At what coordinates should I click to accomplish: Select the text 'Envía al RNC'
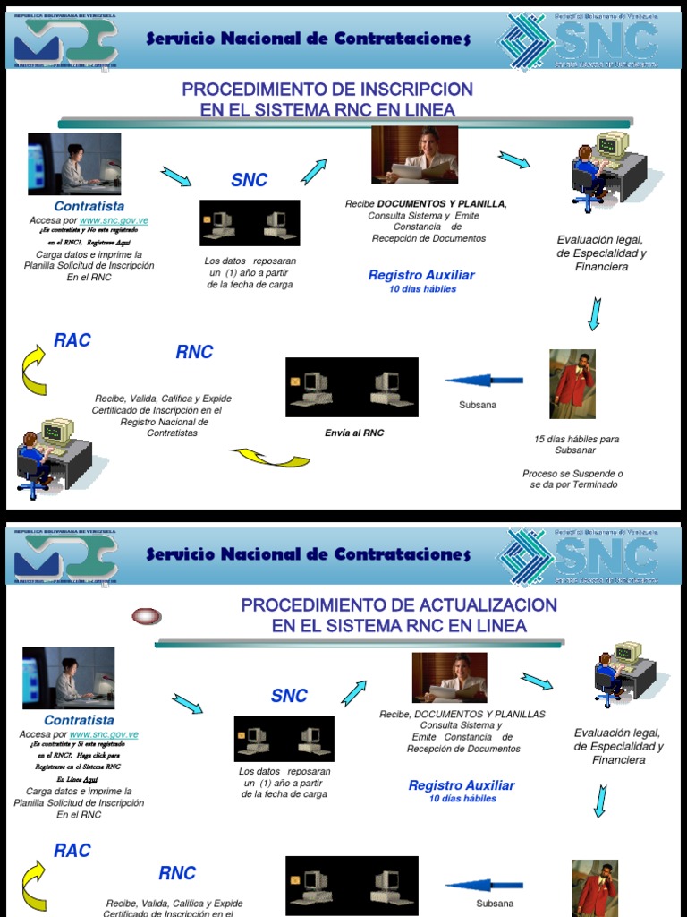[354, 433]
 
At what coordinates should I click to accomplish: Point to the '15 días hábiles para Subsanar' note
[576, 445]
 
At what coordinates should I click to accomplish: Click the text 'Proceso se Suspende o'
[573, 473]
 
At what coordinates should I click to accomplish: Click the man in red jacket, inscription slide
[572, 384]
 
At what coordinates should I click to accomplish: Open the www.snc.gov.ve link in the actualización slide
[105, 734]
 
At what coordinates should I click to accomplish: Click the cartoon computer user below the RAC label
[52, 456]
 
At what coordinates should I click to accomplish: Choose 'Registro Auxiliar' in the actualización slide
[462, 785]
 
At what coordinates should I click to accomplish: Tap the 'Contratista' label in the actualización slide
[79, 720]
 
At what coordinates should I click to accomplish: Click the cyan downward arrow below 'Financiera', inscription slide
[593, 313]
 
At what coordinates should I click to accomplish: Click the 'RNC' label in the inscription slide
[194, 352]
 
